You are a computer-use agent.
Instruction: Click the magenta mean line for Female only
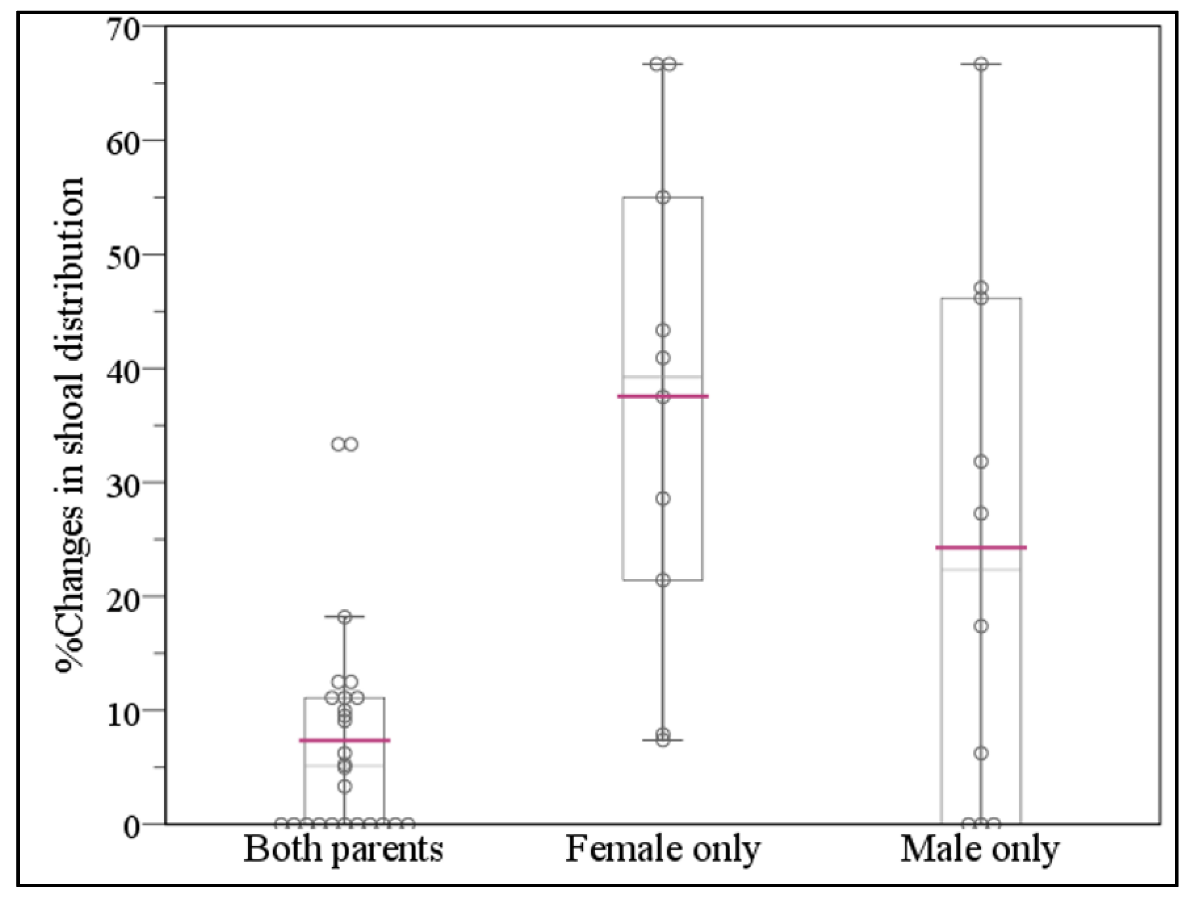[x=663, y=396]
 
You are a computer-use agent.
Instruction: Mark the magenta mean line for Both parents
[x=344, y=740]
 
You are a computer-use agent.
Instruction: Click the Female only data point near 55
[x=663, y=197]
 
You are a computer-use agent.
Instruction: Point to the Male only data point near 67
[x=982, y=64]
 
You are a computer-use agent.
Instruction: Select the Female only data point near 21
[x=663, y=580]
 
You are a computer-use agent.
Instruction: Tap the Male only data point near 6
[x=982, y=753]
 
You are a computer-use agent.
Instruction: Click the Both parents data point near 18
[x=345, y=617]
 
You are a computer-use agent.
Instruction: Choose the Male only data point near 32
[x=982, y=462]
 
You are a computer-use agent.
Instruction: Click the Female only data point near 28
[x=663, y=499]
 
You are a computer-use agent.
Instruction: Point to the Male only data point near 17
[x=982, y=626]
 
